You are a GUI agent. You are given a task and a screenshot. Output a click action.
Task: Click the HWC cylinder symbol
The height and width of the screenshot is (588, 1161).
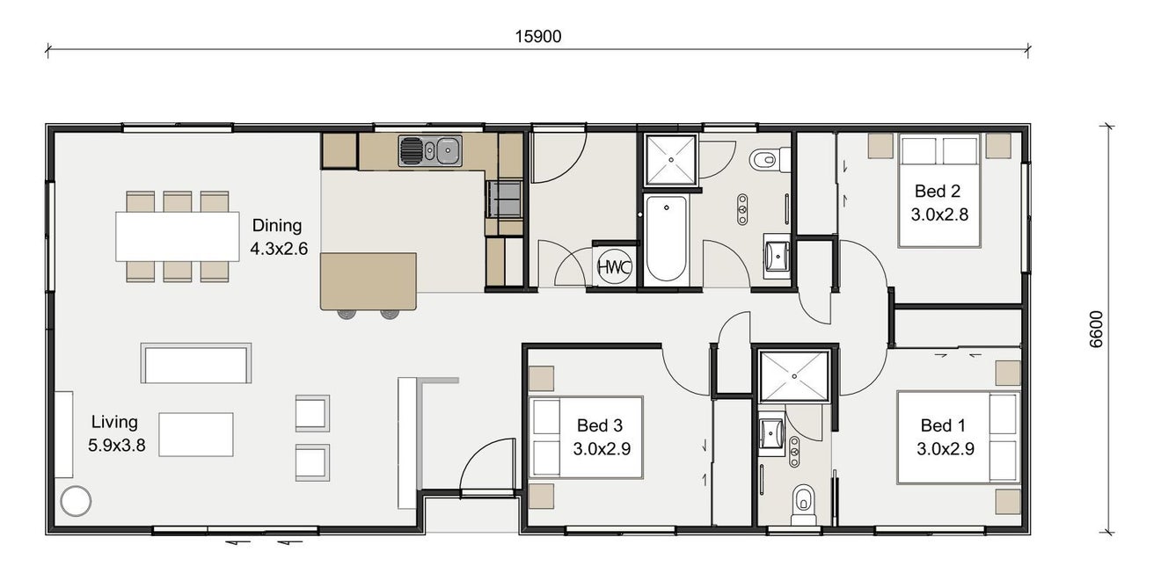pos(615,267)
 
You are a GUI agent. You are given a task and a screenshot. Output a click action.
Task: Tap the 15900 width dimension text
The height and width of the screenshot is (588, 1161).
pos(538,37)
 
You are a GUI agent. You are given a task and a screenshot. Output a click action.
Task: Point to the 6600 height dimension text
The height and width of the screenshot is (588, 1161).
pos(1096,329)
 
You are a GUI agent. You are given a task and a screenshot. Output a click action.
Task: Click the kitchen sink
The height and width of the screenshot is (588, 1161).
pos(430,151)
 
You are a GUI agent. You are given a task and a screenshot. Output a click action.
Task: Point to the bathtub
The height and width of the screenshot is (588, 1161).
pos(667,239)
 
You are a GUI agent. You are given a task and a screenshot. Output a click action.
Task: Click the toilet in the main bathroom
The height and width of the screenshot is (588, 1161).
pos(770,160)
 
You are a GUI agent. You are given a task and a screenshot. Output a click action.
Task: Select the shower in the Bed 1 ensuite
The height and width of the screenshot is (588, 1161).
pos(793,376)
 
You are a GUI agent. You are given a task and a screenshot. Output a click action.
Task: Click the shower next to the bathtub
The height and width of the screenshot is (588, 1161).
pos(671,160)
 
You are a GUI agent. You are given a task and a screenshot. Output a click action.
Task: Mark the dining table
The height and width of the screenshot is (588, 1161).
pos(178,236)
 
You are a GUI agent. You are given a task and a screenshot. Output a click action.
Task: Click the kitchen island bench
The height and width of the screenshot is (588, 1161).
pos(369,281)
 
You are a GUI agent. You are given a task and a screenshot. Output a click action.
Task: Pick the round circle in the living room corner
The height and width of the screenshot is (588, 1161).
pos(76,501)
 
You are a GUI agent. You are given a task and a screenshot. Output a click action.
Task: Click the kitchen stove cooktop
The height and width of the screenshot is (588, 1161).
pos(505,199)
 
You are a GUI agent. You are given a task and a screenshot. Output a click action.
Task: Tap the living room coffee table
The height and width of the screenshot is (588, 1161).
pos(196,435)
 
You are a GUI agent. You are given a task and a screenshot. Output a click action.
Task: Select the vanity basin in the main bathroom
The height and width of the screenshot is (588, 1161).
pos(777,256)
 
